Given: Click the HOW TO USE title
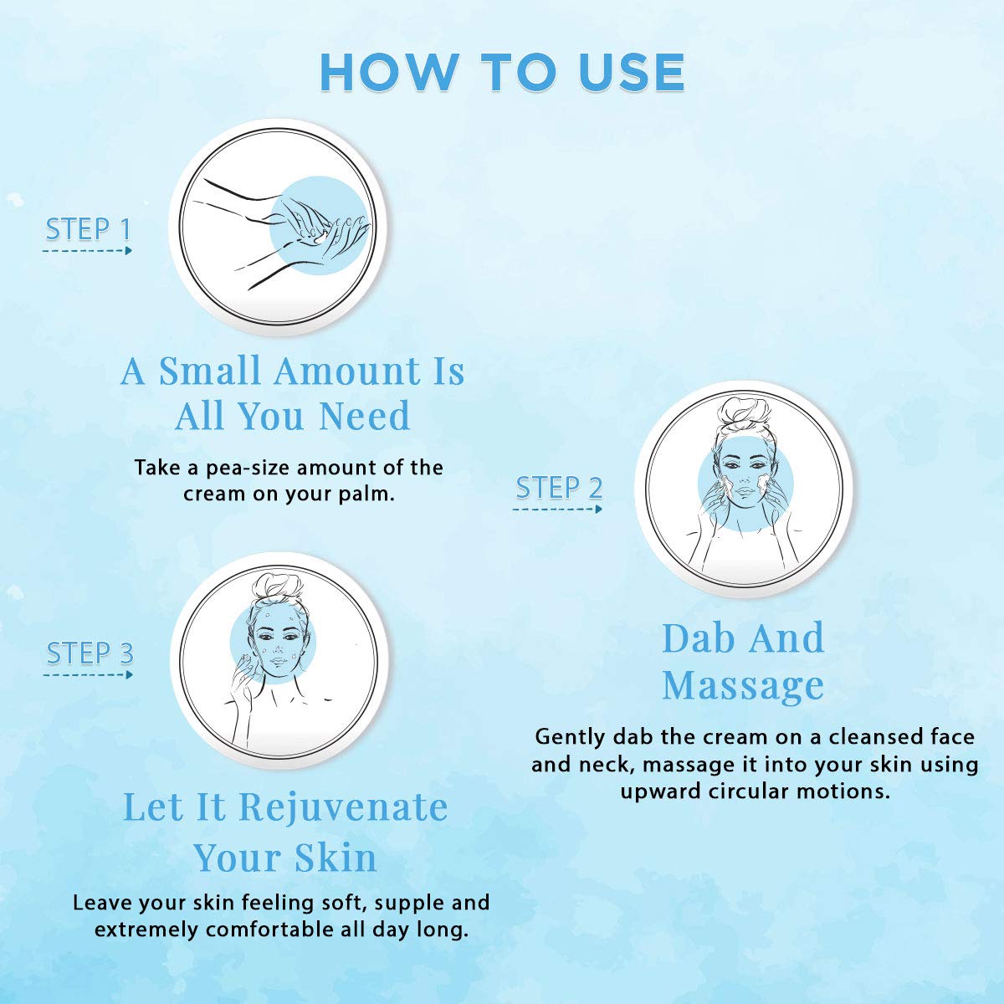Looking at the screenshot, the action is pyautogui.click(x=502, y=72).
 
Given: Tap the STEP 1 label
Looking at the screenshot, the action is pyautogui.click(x=88, y=229).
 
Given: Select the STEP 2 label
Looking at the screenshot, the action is pyautogui.click(x=559, y=488).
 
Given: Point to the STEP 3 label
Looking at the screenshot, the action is pyautogui.click(x=90, y=653).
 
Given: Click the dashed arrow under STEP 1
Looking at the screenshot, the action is pyautogui.click(x=87, y=251).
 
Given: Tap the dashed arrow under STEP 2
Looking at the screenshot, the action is pyautogui.click(x=557, y=509).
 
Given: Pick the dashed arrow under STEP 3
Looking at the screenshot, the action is pyautogui.click(x=88, y=675).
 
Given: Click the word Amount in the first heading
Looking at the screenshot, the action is pyautogui.click(x=347, y=372).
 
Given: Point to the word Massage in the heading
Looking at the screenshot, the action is pyautogui.click(x=743, y=686).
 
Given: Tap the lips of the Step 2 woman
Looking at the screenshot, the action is pyautogui.click(x=745, y=491).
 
